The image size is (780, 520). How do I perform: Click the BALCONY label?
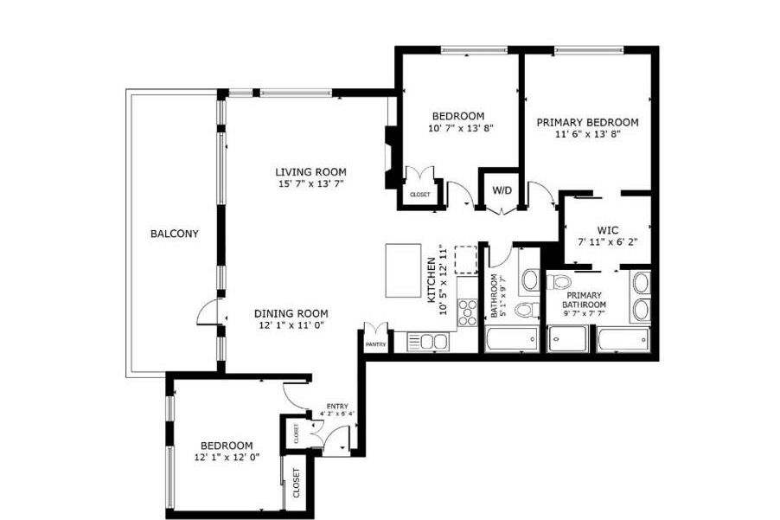(x=174, y=234)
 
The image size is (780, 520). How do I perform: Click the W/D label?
(x=501, y=189)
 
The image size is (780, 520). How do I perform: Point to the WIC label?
(x=606, y=230)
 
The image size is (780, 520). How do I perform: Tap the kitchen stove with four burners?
(x=467, y=311)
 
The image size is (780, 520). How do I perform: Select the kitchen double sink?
(x=427, y=342)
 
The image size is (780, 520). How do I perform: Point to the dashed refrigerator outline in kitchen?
(x=465, y=259)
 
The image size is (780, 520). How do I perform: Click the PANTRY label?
(x=375, y=344)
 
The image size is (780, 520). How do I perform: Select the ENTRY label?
(x=336, y=406)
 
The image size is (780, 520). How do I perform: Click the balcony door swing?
(x=208, y=312)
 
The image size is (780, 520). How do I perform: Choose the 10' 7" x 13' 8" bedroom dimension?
(x=457, y=129)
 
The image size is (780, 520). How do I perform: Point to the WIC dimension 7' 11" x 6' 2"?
(x=606, y=242)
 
